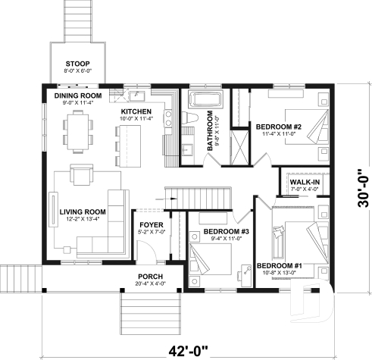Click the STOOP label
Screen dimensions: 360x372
[x=78, y=63]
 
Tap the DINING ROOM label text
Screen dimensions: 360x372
[x=78, y=96]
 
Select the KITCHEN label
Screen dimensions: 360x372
[x=137, y=111]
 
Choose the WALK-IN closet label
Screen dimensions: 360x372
[x=302, y=182]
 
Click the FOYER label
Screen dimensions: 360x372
[x=149, y=224]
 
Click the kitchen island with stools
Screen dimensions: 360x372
[x=130, y=142]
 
